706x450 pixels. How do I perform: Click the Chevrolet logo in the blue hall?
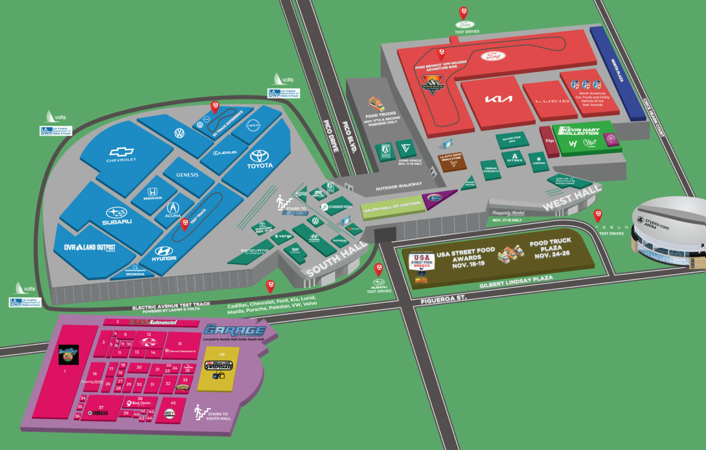(x=121, y=152)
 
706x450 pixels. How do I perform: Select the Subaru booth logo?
(x=117, y=213)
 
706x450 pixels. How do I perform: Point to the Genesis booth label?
(x=187, y=175)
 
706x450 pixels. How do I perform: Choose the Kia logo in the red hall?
(x=499, y=99)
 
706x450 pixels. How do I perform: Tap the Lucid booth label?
(x=552, y=101)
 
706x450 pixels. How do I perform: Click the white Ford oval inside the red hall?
(x=493, y=56)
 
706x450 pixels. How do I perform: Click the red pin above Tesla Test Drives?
(x=598, y=214)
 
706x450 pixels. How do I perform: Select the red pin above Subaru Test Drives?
(x=378, y=269)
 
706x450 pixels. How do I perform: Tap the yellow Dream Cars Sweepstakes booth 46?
(x=218, y=368)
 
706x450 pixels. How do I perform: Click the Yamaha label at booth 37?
(x=100, y=413)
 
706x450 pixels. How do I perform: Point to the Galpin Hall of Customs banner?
(x=392, y=207)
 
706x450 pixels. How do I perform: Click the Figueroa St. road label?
(x=444, y=300)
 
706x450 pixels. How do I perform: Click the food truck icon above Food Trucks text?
(x=376, y=104)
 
